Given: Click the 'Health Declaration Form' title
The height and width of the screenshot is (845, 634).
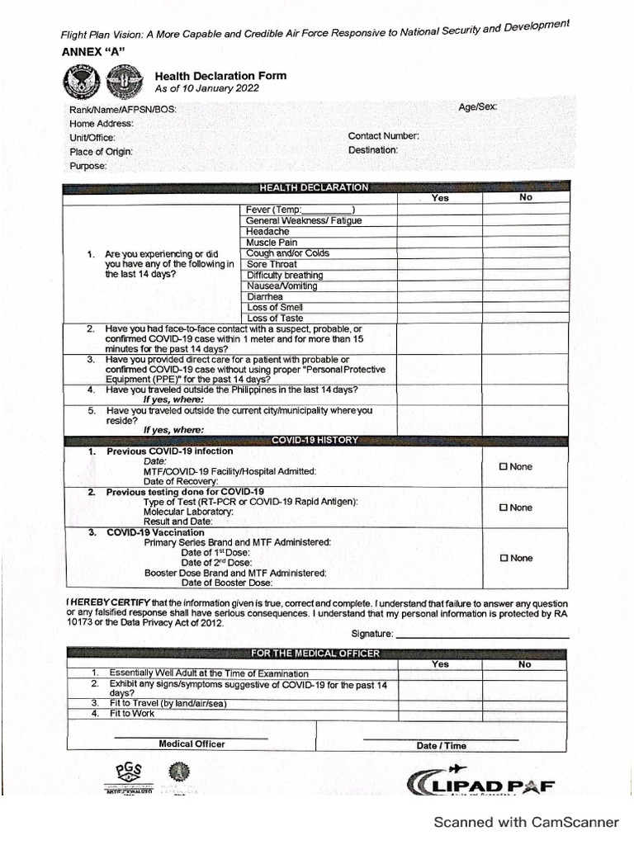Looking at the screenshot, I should [x=220, y=76].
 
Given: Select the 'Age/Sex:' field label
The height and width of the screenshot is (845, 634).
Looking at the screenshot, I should [x=478, y=107].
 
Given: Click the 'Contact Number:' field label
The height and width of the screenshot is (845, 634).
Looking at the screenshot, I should [x=383, y=136].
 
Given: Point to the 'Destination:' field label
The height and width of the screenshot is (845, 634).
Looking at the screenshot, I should [x=373, y=150].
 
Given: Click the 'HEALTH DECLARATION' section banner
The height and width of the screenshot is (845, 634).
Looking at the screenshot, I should [x=314, y=188].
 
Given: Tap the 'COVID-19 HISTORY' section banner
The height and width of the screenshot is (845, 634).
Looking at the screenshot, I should [x=315, y=441].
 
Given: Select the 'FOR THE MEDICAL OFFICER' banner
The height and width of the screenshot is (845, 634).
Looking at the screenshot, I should [x=315, y=654].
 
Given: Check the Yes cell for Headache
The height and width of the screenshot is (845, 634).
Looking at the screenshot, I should [x=440, y=232].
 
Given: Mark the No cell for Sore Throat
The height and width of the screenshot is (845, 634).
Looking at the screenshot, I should [x=526, y=264].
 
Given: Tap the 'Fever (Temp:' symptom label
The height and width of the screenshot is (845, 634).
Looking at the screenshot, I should [x=275, y=210].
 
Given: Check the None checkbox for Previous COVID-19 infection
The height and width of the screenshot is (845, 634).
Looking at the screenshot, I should [x=504, y=467].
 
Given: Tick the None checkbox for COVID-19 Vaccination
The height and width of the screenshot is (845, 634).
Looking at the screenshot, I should [x=504, y=559].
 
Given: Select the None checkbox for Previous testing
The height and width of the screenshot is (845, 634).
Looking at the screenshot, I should [x=504, y=508].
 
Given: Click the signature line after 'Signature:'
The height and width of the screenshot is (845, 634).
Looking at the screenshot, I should [x=482, y=636].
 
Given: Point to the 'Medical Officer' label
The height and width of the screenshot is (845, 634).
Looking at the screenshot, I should [x=192, y=744].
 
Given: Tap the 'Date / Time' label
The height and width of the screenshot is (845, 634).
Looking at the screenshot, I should [x=441, y=746].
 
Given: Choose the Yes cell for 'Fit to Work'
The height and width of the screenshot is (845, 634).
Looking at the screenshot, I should [x=440, y=714].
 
